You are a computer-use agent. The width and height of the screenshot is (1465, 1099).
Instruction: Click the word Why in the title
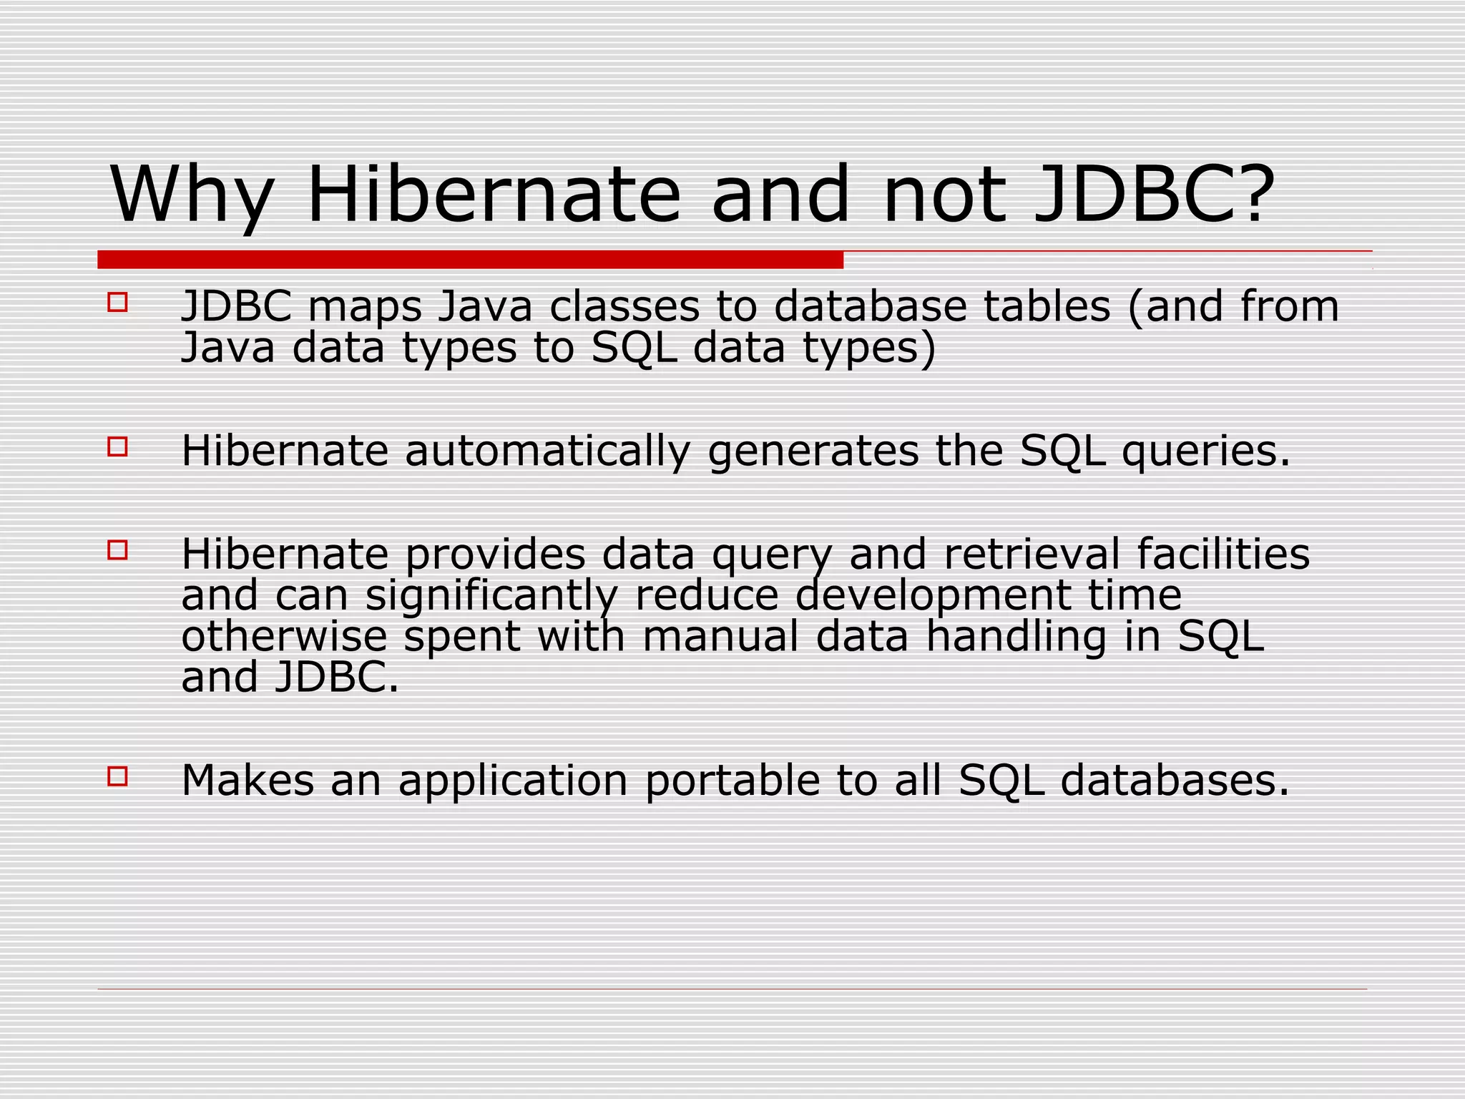(x=192, y=195)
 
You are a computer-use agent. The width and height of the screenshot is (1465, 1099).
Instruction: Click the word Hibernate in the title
(x=494, y=195)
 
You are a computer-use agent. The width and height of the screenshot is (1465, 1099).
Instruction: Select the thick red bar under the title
(x=470, y=260)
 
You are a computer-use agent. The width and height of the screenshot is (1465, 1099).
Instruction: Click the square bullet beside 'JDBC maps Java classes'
(x=117, y=302)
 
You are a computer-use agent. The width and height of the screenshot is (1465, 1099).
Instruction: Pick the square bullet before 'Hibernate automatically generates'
(x=117, y=447)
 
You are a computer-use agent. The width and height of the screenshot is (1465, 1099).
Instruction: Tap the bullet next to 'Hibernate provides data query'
(x=117, y=550)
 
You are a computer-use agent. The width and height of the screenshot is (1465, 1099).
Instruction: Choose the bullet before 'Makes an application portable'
(x=117, y=776)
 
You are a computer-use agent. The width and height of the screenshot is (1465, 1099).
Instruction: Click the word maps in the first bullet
(x=365, y=308)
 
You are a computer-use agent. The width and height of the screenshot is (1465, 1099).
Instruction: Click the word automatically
(x=548, y=451)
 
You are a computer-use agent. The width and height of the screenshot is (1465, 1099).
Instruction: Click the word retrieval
(x=1032, y=555)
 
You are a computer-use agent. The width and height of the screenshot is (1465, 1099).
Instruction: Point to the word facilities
(x=1223, y=555)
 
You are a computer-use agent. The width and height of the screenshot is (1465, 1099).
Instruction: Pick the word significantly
(x=491, y=597)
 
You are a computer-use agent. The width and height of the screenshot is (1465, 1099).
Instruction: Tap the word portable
(x=732, y=781)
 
